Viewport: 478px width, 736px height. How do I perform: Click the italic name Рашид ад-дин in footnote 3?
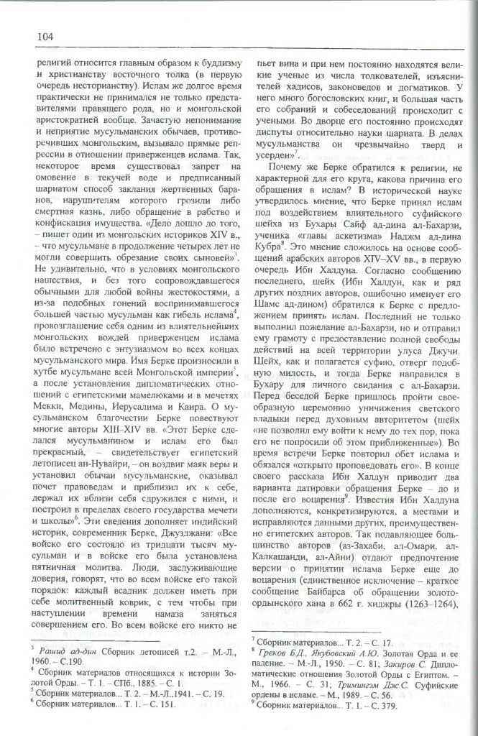point(57,655)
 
